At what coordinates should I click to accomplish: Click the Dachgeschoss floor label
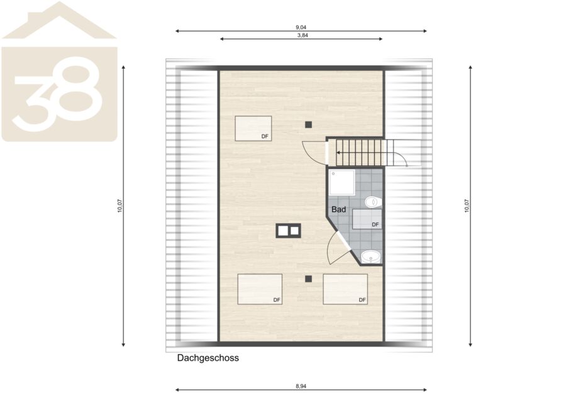(208, 358)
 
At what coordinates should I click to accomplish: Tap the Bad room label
(338, 209)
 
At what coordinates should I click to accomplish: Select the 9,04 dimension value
(301, 27)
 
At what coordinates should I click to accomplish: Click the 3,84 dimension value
(302, 35)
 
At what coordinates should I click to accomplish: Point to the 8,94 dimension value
(301, 386)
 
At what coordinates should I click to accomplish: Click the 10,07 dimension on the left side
(120, 206)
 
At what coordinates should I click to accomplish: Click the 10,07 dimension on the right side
(467, 206)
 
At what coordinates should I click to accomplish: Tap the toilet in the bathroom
(373, 202)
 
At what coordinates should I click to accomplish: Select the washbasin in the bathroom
(371, 257)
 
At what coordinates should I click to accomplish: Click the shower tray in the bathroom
(341, 182)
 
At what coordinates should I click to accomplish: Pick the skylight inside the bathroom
(367, 219)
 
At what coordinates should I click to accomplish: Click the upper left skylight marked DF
(253, 128)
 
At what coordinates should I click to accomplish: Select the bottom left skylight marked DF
(260, 289)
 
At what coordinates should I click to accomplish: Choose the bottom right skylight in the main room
(345, 289)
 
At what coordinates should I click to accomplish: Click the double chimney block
(289, 231)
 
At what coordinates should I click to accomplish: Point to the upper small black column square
(308, 125)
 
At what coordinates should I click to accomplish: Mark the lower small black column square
(308, 279)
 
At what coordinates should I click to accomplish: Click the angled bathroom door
(338, 248)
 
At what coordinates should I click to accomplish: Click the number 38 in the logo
(57, 94)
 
